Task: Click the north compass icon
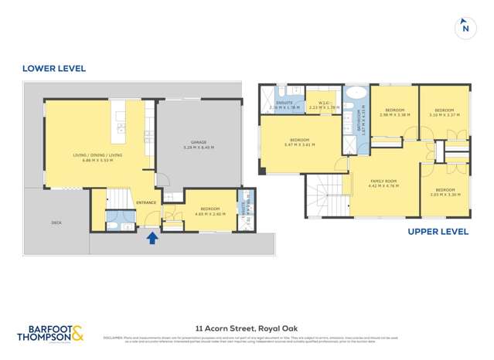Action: coord(465,27)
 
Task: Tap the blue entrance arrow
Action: coord(152,238)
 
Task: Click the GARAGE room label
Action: coord(199,142)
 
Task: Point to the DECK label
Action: coord(56,222)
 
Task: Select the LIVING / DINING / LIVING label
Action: coord(97,155)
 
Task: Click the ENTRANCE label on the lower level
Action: coord(146,202)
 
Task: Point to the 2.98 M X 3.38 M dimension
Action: coord(395,115)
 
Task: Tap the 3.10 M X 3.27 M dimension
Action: coord(444,115)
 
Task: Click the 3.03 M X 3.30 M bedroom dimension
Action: coord(445,195)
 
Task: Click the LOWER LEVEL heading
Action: coord(54,69)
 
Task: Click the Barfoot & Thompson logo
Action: coord(51,334)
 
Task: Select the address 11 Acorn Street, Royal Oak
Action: coord(247,327)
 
